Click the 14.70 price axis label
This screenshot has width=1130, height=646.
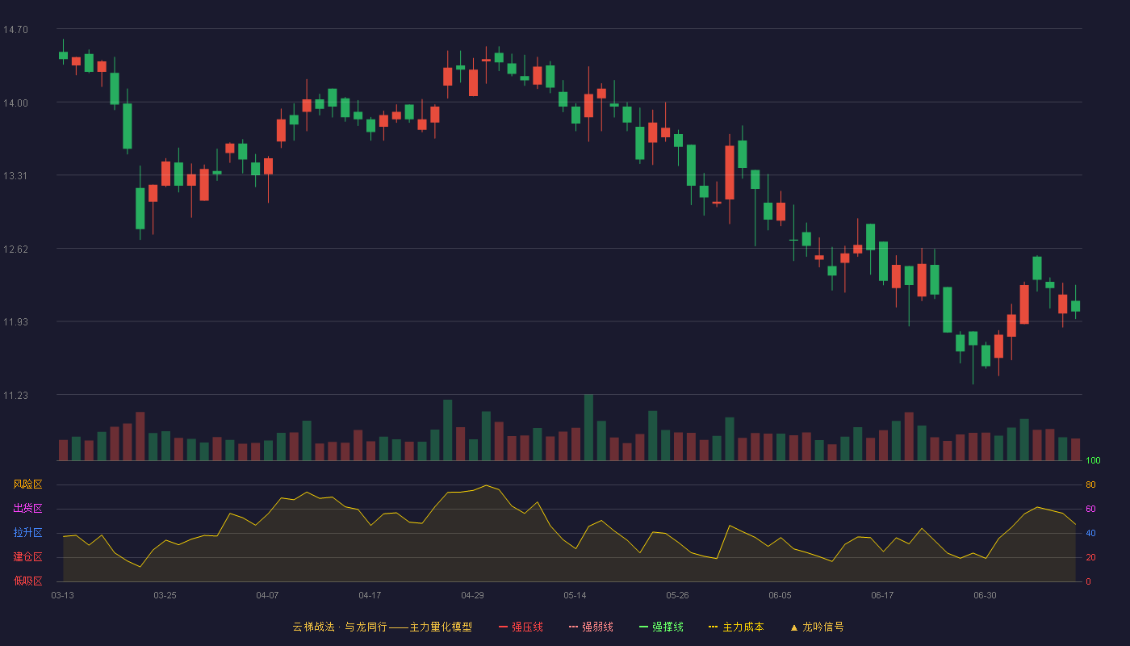[15, 30]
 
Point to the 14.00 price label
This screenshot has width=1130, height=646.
[15, 103]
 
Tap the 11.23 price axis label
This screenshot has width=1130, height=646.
[15, 395]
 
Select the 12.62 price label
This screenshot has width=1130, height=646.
[15, 250]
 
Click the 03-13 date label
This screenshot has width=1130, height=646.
[63, 596]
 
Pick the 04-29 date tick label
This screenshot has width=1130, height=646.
[473, 596]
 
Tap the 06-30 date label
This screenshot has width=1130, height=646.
[986, 596]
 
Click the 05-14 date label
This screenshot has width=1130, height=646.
[575, 596]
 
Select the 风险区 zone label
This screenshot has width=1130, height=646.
[27, 484]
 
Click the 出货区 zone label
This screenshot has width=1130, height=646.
[27, 508]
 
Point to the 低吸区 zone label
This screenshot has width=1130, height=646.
[27, 581]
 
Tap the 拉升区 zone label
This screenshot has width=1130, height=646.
[27, 532]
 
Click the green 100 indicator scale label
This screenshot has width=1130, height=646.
[1093, 460]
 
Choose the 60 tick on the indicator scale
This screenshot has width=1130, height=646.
[1090, 509]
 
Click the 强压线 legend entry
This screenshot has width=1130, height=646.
[521, 627]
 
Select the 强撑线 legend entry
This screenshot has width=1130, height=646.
[661, 627]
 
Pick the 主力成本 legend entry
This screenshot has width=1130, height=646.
[736, 627]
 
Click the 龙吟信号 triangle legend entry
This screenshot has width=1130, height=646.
[817, 627]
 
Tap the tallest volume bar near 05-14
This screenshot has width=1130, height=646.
[588, 427]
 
